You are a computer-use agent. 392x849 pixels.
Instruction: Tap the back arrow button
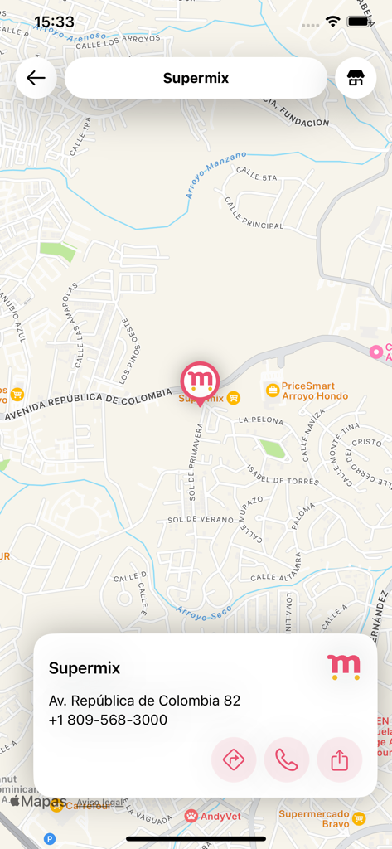pos(36,79)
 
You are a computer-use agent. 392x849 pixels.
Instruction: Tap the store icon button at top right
pos(356,79)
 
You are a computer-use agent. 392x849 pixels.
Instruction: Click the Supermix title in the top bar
pos(196,79)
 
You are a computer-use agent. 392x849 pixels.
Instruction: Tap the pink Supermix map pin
pos(200,382)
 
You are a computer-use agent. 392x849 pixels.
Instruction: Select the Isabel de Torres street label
pos(283,475)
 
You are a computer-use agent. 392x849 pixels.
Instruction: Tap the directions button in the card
pos(234,759)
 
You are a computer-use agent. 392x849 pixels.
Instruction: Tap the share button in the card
pos(340,759)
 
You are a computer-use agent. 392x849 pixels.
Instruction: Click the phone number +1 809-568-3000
pos(108,720)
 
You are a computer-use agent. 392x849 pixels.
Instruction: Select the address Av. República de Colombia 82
pos(144,701)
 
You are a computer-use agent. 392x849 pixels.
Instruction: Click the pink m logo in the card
pos(344,667)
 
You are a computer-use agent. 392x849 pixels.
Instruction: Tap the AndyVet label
pos(220,816)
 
